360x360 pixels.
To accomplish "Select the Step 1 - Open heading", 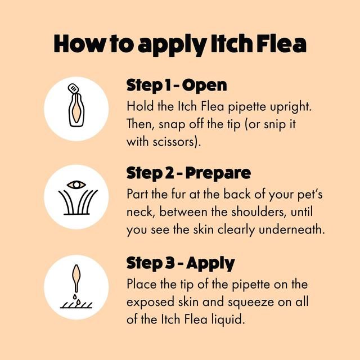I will pos(177,85).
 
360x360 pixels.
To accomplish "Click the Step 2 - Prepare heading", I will pos(188,173).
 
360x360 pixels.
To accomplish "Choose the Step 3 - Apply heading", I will pos(181,263).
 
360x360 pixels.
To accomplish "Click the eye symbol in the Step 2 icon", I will pos(76,184).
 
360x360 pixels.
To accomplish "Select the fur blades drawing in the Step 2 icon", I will pos(76,204).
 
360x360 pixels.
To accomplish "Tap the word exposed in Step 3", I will pos(150,302).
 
